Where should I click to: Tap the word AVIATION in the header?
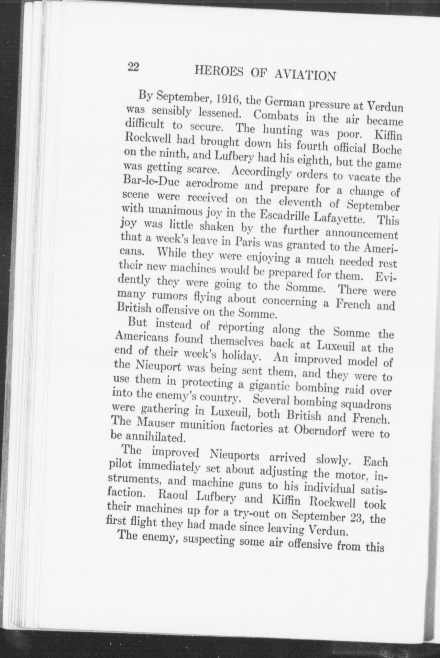(304, 75)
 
